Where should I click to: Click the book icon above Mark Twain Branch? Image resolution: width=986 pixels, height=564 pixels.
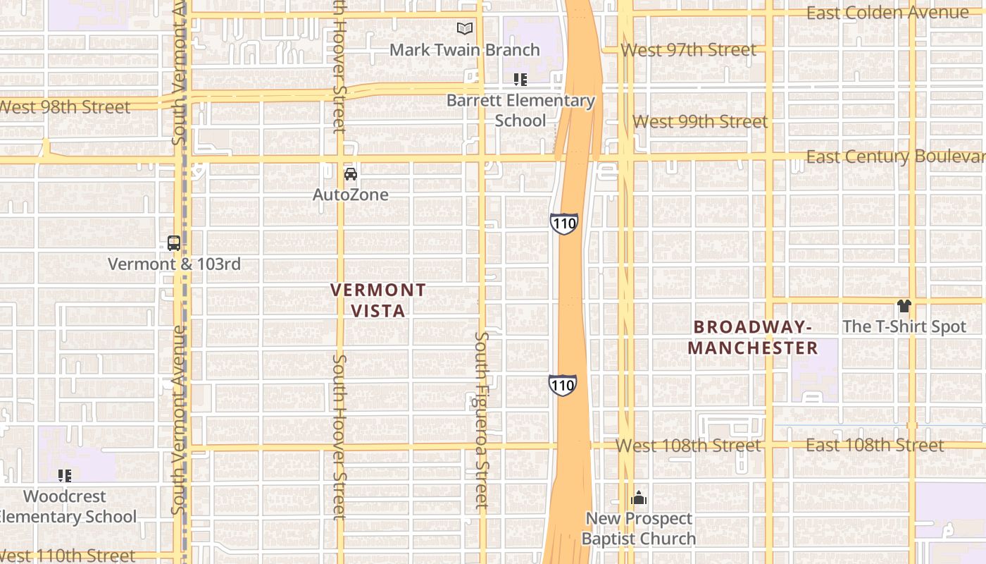[x=464, y=28]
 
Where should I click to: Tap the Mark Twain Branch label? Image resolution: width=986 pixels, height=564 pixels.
[x=464, y=50]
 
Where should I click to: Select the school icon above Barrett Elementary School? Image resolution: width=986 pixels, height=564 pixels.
[x=520, y=80]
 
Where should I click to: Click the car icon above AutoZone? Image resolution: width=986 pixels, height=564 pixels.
[x=350, y=173]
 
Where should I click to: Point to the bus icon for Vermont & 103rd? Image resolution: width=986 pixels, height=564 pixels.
[x=174, y=243]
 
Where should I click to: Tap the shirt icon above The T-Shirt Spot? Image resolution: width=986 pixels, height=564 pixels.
[x=904, y=306]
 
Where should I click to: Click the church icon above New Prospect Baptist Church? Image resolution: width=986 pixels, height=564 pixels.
[x=639, y=498]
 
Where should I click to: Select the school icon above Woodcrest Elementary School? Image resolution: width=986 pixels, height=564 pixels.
[x=65, y=476]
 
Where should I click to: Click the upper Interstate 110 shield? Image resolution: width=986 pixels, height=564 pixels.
[x=564, y=223]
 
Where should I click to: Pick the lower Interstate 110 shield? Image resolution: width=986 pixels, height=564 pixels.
[x=563, y=385]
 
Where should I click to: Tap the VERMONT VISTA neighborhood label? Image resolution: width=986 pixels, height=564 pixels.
[x=378, y=300]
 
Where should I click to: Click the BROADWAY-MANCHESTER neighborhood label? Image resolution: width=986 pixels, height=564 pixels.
[x=753, y=337]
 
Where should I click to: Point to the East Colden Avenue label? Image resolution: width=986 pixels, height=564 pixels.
[x=887, y=13]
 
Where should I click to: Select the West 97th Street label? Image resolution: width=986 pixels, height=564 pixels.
[x=689, y=50]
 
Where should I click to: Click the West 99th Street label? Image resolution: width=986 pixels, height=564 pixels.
[x=700, y=121]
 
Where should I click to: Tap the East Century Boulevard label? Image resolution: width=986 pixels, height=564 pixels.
[x=894, y=157]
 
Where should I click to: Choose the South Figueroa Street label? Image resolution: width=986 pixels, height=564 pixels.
[x=481, y=420]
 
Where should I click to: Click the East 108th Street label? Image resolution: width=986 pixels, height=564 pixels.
[x=874, y=445]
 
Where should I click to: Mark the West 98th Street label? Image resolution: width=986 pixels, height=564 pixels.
[x=65, y=107]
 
